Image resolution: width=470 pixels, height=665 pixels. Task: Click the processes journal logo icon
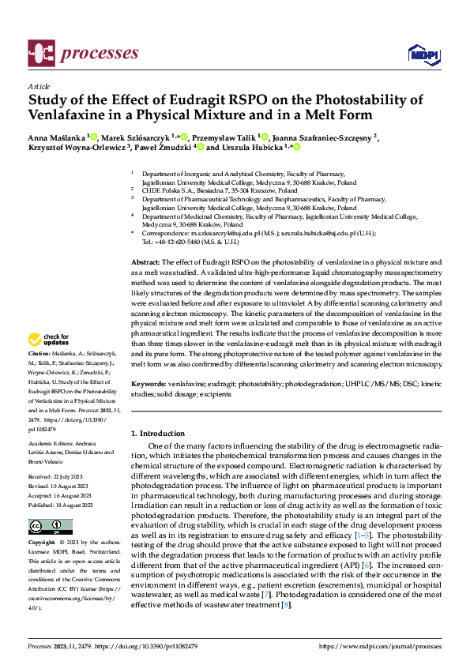click(x=40, y=53)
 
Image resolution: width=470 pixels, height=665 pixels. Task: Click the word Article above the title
click(x=38, y=86)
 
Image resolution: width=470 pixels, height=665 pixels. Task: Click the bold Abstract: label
click(x=145, y=261)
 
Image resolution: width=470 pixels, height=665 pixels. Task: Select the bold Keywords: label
click(x=149, y=382)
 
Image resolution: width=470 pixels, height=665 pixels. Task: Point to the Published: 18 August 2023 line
click(x=62, y=504)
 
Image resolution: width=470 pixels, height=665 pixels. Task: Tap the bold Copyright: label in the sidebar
click(x=42, y=543)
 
